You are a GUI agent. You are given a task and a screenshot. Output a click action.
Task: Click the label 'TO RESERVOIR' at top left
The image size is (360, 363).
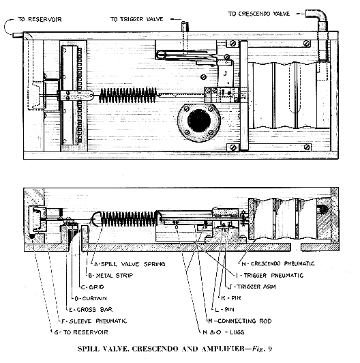pos(40,19)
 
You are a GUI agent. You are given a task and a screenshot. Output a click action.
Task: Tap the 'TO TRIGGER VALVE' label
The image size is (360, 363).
pos(136,19)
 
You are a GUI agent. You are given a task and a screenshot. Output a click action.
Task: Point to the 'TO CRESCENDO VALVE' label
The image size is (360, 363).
pos(258,14)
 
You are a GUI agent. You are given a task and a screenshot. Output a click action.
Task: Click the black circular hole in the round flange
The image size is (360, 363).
pos(199,121)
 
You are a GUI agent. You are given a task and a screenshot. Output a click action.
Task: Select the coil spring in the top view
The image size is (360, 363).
pos(128,96)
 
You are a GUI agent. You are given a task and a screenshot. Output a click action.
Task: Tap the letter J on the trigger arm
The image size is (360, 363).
pos(225,74)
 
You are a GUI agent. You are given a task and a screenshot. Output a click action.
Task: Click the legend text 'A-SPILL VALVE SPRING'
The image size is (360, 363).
pos(130,264)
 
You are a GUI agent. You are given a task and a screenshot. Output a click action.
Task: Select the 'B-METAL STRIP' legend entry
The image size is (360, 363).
pos(110,276)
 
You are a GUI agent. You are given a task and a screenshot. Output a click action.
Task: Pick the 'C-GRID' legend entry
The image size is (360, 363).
pos(93,287)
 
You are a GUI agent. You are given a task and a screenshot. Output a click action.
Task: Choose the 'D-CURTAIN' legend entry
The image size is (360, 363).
pos(91,298)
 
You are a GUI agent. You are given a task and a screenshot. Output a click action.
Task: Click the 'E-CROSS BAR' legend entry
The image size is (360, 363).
pos(91,310)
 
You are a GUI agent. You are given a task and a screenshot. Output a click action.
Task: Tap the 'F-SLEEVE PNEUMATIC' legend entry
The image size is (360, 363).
pos(94,321)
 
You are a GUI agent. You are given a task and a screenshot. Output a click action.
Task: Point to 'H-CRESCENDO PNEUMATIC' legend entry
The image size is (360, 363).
pos(277,263)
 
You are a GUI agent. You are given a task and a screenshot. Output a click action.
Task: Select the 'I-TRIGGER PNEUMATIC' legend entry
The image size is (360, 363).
pos(269,275)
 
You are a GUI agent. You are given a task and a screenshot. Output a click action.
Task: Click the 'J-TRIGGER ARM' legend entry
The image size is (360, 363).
pos(252,287)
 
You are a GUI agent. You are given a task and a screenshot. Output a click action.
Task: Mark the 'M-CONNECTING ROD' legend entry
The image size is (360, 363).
pos(240,321)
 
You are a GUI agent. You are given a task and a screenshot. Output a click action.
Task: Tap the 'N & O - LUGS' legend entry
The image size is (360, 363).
pos(223,332)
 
